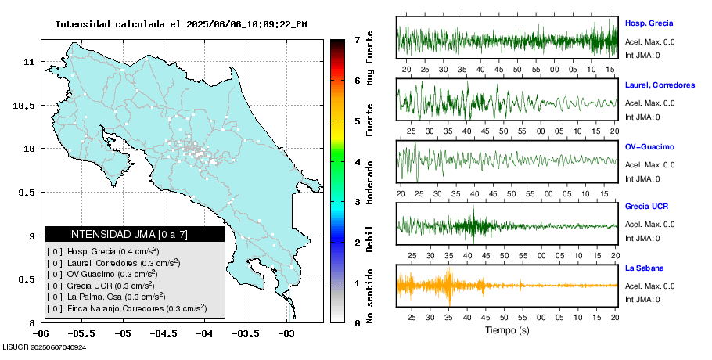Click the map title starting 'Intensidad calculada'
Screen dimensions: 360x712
(181, 23)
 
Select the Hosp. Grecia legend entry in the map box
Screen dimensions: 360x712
(102, 251)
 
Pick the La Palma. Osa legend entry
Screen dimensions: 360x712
(106, 297)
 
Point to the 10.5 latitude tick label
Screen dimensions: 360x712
(25, 105)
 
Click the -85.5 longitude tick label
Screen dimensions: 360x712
(81, 333)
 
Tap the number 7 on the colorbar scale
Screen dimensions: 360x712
(357, 39)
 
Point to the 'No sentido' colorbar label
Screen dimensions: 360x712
(370, 298)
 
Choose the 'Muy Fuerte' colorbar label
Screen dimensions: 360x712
(370, 56)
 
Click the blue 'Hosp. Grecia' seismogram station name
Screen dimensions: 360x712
(649, 23)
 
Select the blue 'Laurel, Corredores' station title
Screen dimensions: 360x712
(660, 85)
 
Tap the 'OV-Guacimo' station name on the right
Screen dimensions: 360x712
(649, 146)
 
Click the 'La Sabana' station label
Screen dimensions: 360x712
(645, 268)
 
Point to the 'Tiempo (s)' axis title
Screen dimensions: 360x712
(507, 330)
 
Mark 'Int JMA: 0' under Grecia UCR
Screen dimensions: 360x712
(642, 238)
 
